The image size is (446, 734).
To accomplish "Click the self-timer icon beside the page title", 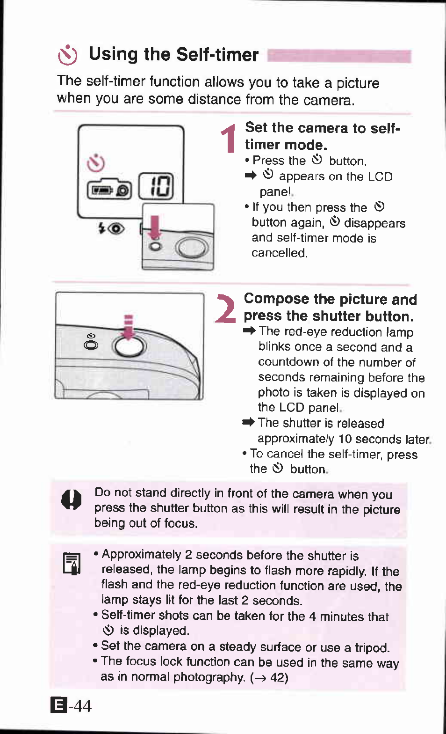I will (67, 55).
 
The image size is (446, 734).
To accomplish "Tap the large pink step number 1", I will (229, 139).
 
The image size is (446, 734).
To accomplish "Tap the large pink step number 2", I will (226, 309).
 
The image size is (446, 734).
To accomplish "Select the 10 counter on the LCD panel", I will (157, 186).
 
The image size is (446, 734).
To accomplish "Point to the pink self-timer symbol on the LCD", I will (96, 163).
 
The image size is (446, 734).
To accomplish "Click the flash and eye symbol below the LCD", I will (111, 228).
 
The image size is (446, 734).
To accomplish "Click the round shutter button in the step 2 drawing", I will (129, 347).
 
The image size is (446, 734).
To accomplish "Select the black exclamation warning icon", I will (71, 500).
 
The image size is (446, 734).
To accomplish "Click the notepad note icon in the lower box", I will (72, 563).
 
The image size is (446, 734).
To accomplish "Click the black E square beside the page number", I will (58, 705).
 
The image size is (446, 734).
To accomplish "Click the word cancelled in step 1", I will (279, 253).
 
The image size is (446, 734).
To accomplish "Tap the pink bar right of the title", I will (339, 56).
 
